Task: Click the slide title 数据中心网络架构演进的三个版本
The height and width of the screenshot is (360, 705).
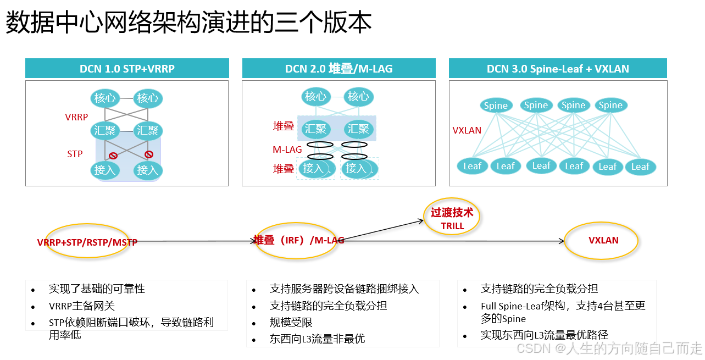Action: pos(188,23)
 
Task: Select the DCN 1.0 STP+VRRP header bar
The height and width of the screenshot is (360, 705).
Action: pos(127,69)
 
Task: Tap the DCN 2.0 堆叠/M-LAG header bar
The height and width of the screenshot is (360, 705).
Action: pos(338,69)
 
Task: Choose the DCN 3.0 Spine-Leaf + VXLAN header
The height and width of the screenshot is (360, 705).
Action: pos(558,69)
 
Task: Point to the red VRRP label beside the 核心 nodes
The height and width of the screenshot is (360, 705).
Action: pos(76,117)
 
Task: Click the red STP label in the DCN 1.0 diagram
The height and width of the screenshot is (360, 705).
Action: pos(75,154)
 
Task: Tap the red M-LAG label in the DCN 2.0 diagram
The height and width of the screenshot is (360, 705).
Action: pos(287,149)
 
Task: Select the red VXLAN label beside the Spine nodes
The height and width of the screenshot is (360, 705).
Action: pos(467,130)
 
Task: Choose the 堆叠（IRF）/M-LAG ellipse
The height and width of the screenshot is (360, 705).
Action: pos(297,240)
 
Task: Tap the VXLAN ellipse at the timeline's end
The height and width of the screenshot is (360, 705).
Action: pos(602,240)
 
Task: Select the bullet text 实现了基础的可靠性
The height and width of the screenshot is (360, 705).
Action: pos(97,289)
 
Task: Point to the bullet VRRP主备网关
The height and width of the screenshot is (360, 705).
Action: pos(81,306)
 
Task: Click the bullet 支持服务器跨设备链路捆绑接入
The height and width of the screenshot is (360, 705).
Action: pos(344,289)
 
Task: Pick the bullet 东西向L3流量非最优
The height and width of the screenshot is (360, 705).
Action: pos(317,339)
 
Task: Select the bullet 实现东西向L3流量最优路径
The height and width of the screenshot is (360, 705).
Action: pos(544,335)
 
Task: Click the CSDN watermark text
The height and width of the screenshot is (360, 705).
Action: pos(609,348)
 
